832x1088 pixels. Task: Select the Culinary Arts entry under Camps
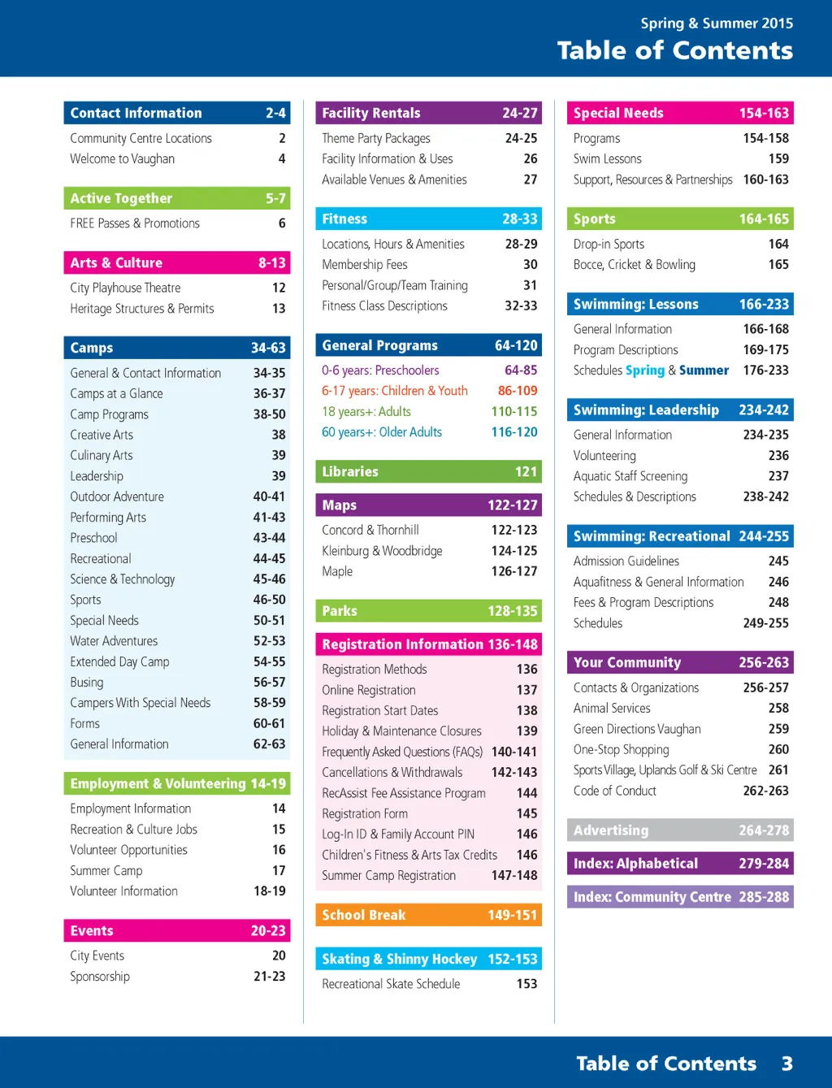[102, 456]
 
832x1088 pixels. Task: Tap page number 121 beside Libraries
[526, 472]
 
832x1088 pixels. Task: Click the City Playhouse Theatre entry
[125, 288]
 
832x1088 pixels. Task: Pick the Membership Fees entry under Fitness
[365, 265]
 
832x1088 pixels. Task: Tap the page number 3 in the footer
[786, 1064]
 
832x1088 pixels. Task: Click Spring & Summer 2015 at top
[717, 24]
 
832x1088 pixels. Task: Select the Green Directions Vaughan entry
[637, 729]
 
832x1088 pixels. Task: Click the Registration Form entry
[365, 813]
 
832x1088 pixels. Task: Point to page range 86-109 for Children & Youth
[518, 391]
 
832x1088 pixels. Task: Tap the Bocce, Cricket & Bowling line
[635, 265]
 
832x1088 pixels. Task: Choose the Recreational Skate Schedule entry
[391, 984]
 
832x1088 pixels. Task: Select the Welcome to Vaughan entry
[122, 159]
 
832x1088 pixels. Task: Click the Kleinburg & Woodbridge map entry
[382, 551]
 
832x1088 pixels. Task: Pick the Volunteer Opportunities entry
[128, 850]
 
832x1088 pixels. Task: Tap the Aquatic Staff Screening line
[630, 476]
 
